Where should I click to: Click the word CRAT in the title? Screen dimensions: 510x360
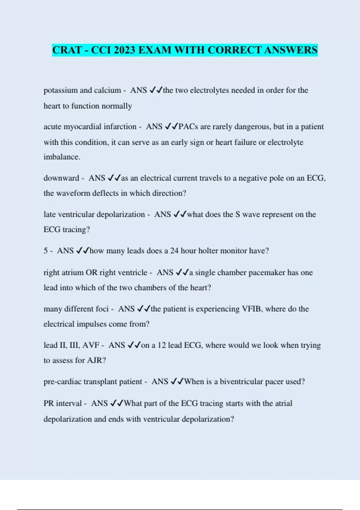(x=67, y=50)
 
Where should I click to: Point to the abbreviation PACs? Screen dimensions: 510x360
(x=188, y=127)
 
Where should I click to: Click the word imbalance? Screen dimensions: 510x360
(x=61, y=157)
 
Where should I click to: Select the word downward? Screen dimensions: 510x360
(x=61, y=178)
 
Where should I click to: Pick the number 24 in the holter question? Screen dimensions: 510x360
(x=174, y=250)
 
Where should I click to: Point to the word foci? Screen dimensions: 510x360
(x=102, y=309)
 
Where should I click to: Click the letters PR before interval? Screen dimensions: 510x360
(x=49, y=403)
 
